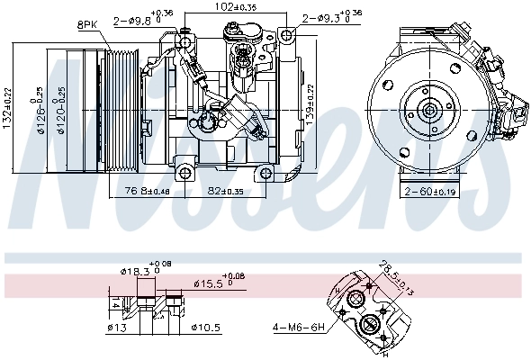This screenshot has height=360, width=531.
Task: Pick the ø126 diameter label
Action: (41, 108)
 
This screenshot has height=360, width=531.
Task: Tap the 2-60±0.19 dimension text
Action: (431, 192)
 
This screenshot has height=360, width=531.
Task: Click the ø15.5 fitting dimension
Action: (219, 282)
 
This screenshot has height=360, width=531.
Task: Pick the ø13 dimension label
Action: (116, 327)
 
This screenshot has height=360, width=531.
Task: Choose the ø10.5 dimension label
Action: (205, 327)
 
